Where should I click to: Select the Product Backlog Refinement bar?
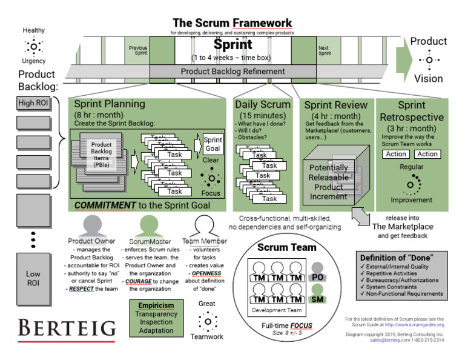click(233, 72)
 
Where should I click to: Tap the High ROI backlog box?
click(33, 104)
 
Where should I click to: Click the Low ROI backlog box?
click(33, 278)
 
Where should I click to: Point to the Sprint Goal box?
click(213, 144)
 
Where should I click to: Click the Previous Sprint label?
click(137, 50)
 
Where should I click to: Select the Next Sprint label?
click(325, 50)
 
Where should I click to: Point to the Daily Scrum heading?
click(263, 104)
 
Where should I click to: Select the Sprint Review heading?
click(335, 105)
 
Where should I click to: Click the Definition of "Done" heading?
click(400, 258)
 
